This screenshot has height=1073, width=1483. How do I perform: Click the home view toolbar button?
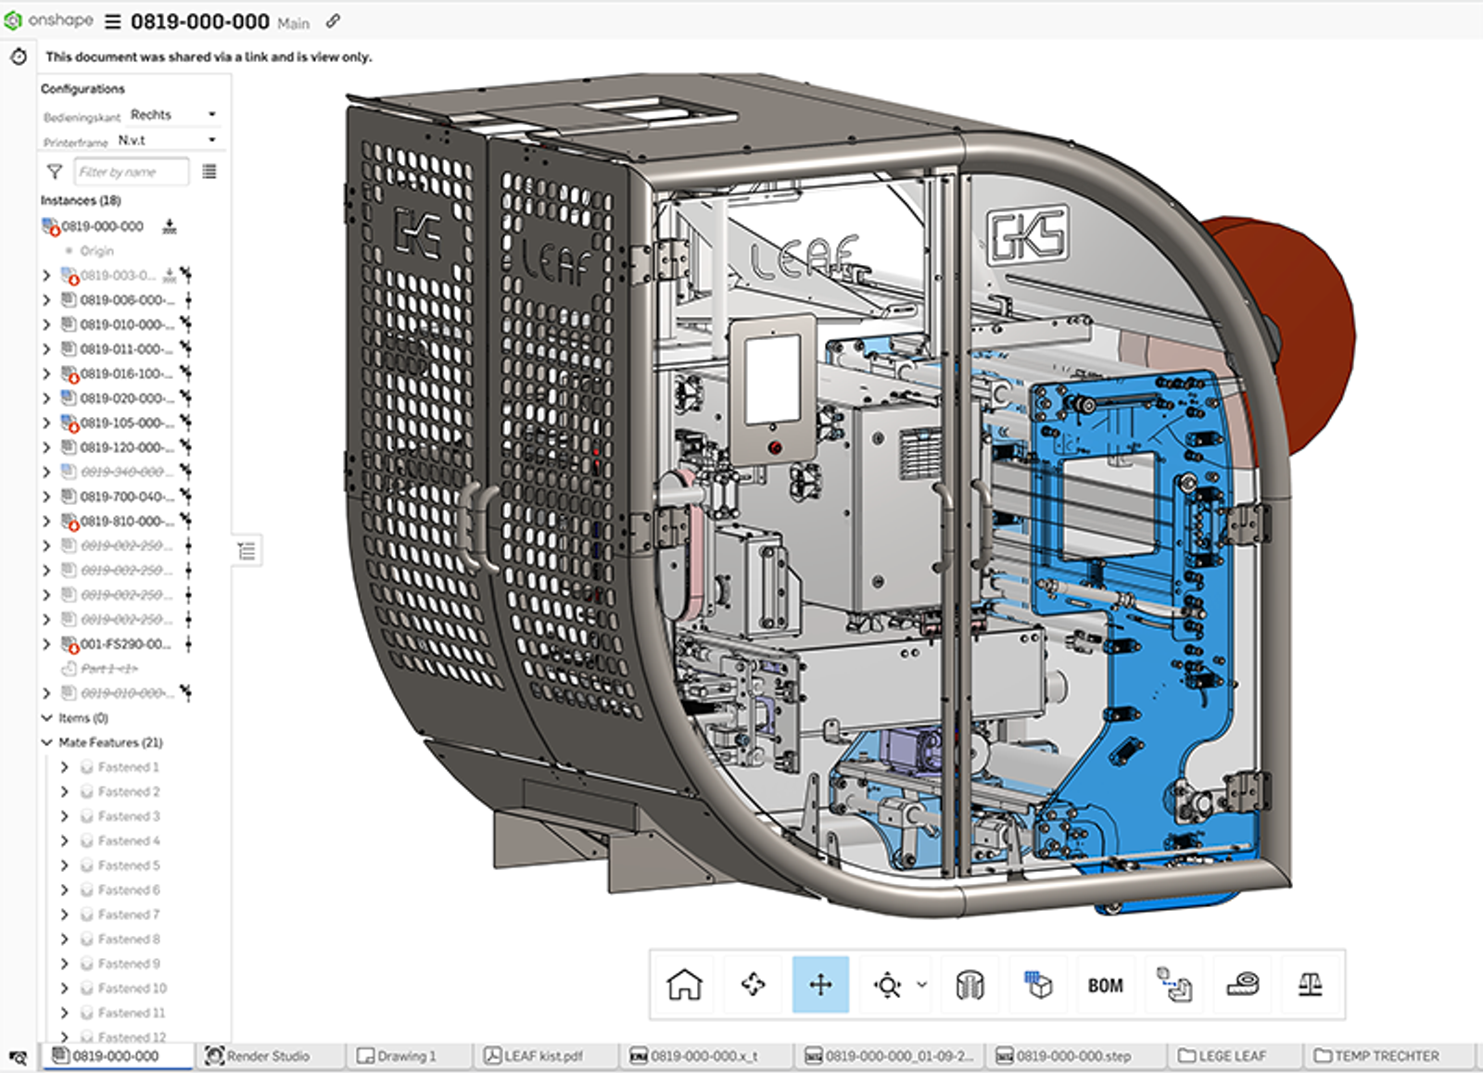684,984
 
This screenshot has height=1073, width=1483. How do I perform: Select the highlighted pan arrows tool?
820,984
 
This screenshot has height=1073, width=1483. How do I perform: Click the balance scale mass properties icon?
1310,984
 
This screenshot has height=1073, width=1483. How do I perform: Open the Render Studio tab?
268,1055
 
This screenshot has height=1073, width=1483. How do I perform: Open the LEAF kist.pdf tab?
542,1055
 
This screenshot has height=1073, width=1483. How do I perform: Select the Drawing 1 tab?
405,1055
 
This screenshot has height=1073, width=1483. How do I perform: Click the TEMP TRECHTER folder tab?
1386,1055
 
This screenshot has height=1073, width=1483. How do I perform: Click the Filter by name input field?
130,171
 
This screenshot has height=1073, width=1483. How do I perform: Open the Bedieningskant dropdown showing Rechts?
173,115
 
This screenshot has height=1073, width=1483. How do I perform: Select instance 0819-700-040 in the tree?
125,497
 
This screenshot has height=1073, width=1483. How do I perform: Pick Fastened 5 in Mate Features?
129,865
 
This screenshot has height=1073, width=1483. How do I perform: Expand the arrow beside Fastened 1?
64,767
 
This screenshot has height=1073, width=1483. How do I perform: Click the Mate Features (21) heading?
110,742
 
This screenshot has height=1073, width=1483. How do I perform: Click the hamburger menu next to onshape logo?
113,21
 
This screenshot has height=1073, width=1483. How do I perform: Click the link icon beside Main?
333,21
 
